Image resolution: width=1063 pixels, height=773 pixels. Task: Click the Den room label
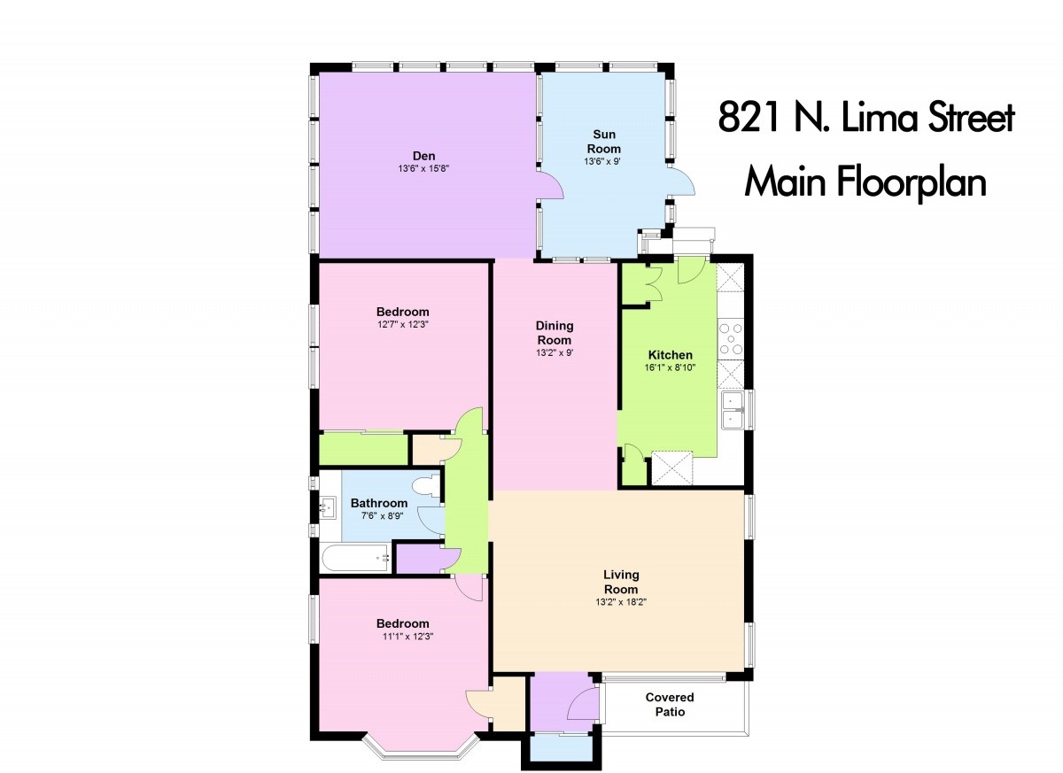click(x=423, y=156)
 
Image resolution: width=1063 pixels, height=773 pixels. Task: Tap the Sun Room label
click(x=603, y=142)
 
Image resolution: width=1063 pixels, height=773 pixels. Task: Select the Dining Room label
click(x=555, y=333)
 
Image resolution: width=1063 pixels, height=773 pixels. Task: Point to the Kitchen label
click(x=670, y=355)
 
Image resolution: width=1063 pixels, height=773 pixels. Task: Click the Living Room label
click(x=621, y=582)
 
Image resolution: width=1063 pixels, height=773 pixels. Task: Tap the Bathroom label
click(x=379, y=503)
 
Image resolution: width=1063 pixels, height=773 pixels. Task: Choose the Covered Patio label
click(x=670, y=704)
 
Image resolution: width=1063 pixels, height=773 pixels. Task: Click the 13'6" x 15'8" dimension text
click(x=423, y=168)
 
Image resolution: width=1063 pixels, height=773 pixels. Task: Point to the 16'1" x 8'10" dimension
click(x=670, y=367)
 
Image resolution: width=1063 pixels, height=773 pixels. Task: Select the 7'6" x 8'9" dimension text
click(x=382, y=516)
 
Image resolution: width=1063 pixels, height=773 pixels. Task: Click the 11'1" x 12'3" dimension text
click(x=407, y=637)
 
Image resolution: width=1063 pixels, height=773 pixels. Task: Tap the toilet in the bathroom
click(x=426, y=486)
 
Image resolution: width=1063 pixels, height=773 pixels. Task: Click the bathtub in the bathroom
click(x=356, y=558)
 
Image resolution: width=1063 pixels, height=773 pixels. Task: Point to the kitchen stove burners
click(x=731, y=338)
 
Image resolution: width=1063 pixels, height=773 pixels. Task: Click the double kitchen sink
click(x=733, y=410)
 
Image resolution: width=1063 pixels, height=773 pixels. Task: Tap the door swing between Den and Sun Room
click(x=551, y=186)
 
